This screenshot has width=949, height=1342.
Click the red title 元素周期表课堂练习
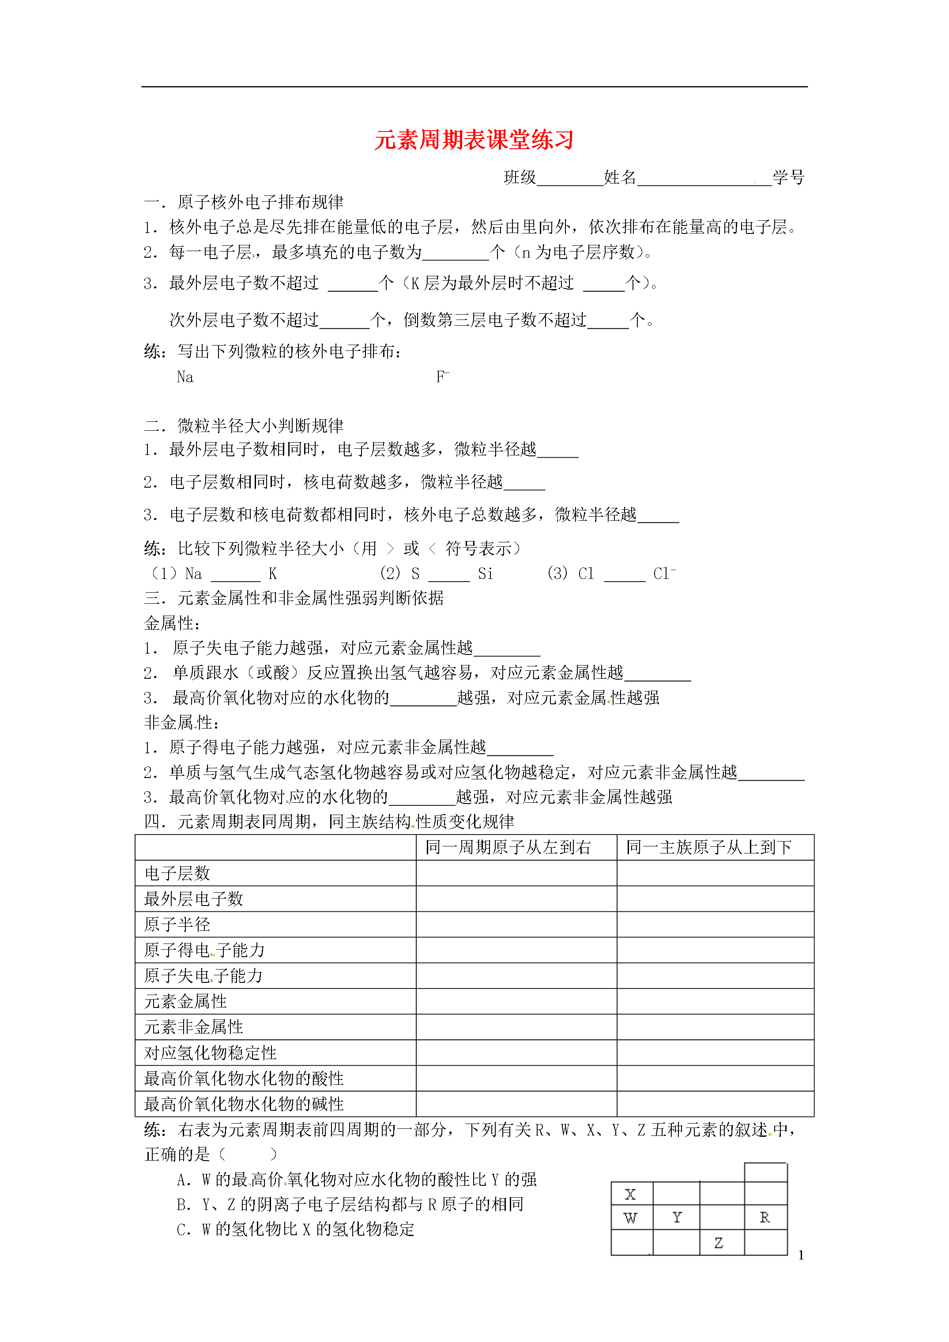[474, 140]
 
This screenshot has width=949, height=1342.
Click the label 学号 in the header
[788, 177]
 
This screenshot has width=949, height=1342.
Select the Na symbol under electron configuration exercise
[185, 377]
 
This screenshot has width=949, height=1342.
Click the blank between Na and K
[235, 575]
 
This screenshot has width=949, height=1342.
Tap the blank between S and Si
[448, 575]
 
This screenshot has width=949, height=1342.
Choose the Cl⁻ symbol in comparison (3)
[664, 573]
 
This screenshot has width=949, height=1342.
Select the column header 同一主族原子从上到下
[709, 847]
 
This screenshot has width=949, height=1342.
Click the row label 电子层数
[177, 873]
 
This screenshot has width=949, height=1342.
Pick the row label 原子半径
[177, 924]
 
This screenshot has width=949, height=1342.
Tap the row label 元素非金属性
[193, 1027]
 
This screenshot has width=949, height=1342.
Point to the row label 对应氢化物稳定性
[211, 1053]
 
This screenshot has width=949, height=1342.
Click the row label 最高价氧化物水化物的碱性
[244, 1104]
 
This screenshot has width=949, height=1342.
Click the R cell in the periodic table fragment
[765, 1218]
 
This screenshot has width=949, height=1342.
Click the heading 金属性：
[173, 623]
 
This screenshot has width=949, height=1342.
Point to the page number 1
[801, 1255]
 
